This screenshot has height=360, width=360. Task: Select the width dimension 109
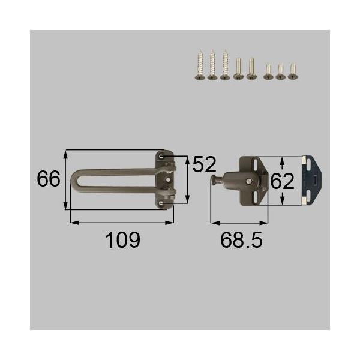[122, 240]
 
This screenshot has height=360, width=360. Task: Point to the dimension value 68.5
[242, 240]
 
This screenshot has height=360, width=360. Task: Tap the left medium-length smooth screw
[239, 68]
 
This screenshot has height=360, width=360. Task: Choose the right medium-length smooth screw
[252, 68]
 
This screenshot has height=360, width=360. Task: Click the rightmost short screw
[293, 71]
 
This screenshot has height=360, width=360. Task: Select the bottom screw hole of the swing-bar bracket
[163, 204]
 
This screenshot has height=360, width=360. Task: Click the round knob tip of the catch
[213, 180]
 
